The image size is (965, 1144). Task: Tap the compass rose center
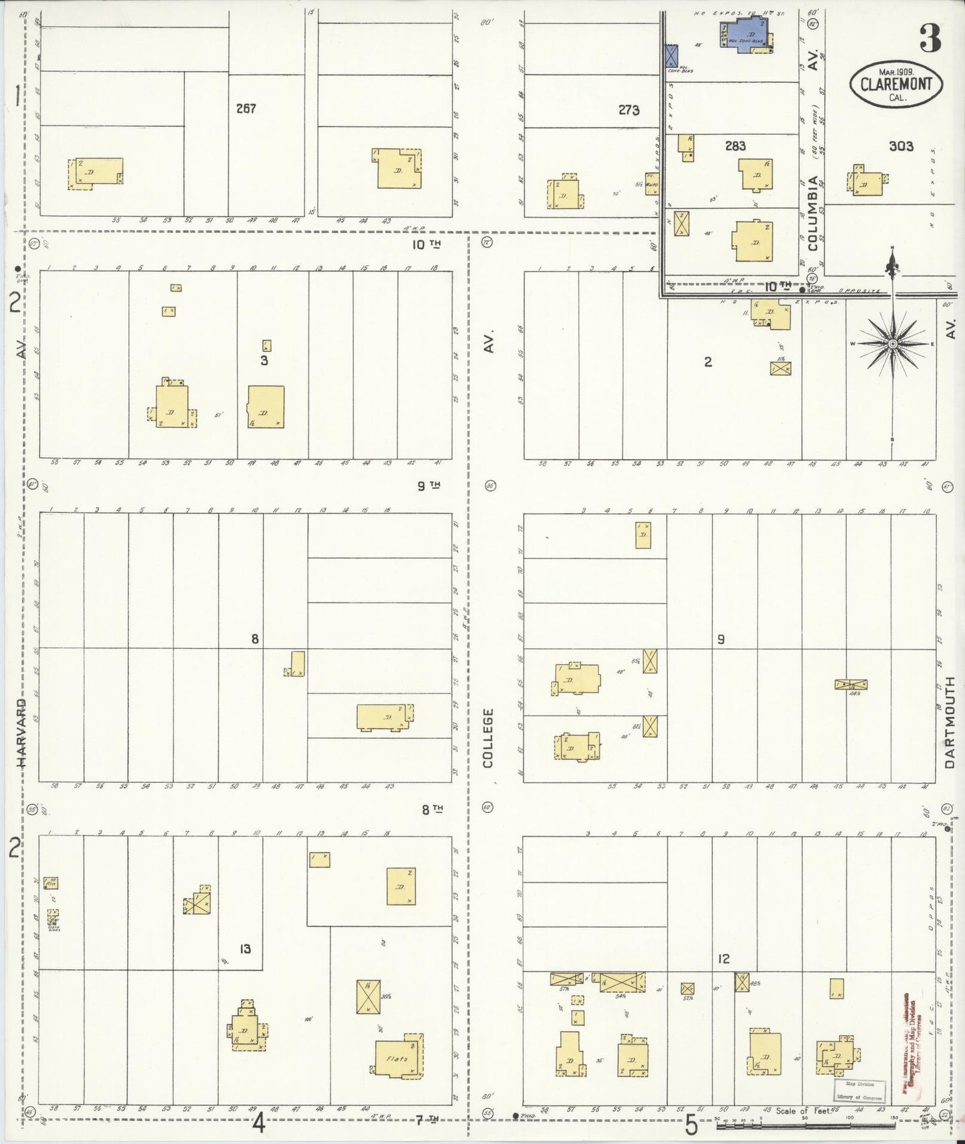tap(892, 344)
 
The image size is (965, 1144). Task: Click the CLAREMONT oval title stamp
tap(896, 84)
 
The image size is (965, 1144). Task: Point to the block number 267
tap(246, 108)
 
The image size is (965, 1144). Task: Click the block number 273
tap(628, 110)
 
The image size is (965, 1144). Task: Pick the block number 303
tap(901, 146)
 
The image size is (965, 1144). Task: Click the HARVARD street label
tap(22, 732)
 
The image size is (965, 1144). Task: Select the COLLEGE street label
tap(488, 738)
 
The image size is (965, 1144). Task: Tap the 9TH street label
tap(429, 485)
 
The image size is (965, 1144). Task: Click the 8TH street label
tap(432, 810)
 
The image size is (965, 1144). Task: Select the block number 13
tap(245, 948)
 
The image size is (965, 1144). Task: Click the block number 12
tap(723, 958)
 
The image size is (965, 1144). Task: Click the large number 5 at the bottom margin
tap(691, 1125)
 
